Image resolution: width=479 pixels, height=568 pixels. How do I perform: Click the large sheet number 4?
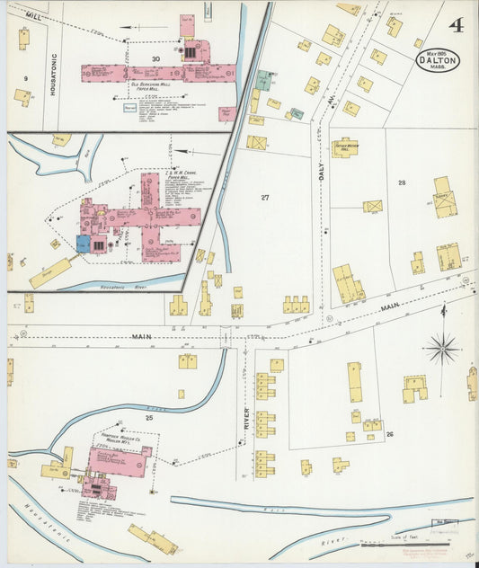pos(457,24)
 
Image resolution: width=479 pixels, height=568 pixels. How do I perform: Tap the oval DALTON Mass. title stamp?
pos(439,59)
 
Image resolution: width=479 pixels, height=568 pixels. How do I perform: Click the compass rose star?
pos(442,346)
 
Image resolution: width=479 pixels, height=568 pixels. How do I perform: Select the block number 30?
pos(155,59)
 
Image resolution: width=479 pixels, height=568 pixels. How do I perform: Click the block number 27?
pos(264,197)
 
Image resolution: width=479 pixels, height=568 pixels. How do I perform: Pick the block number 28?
pos(402,182)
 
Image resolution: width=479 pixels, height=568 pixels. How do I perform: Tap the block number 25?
pos(149,418)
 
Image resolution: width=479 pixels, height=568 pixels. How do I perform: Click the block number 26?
pos(389,434)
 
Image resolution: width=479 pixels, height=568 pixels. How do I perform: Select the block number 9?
pos(26,79)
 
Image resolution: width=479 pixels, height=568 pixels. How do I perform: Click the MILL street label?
pos(33,17)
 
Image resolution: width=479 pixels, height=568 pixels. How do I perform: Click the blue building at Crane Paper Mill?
pos(84,244)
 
